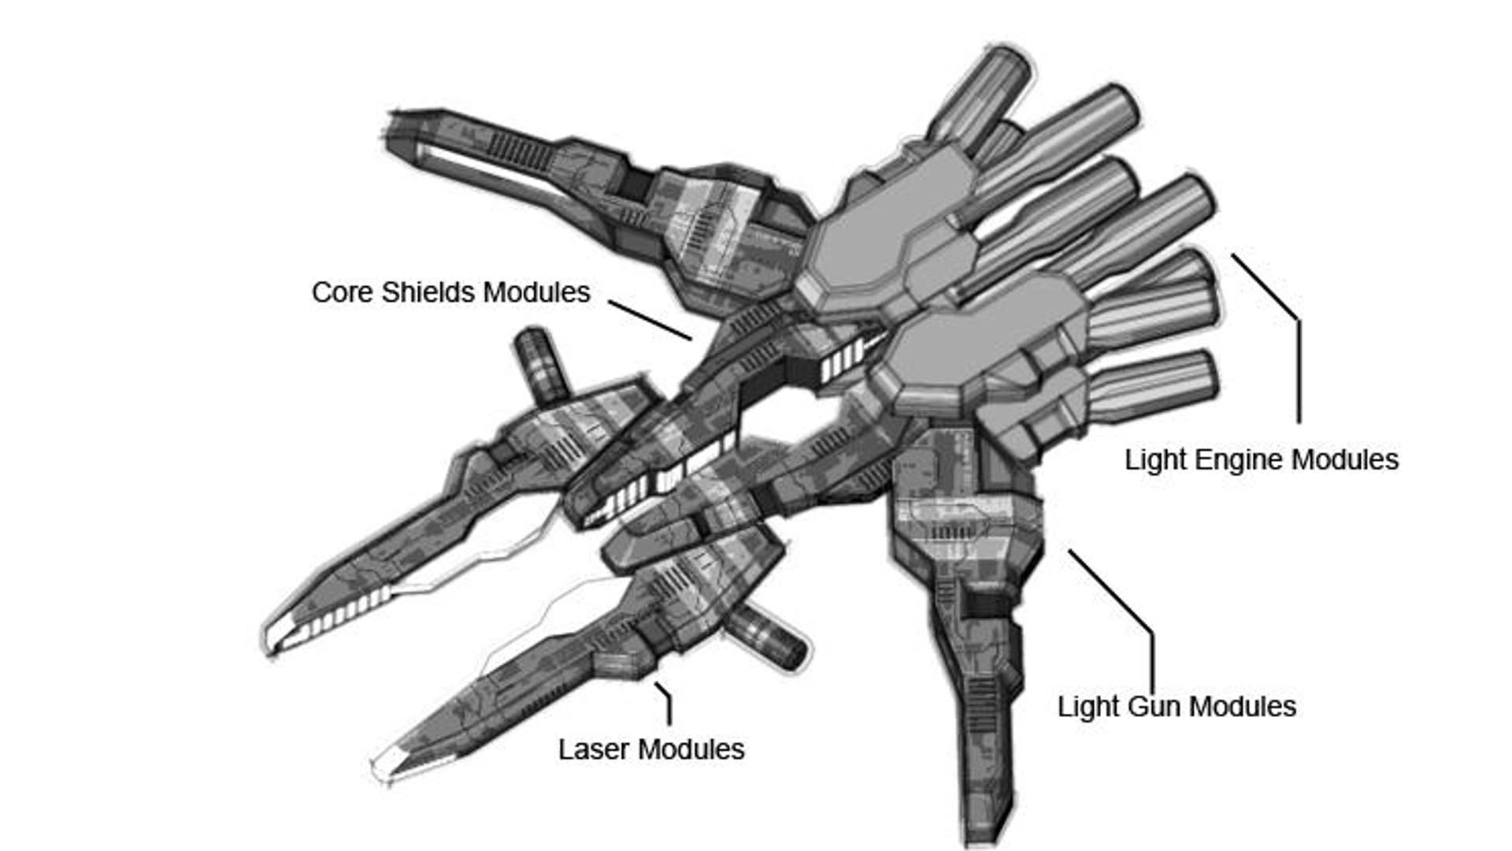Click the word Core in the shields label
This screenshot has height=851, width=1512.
pyautogui.click(x=343, y=292)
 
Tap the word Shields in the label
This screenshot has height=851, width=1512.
pyautogui.click(x=428, y=292)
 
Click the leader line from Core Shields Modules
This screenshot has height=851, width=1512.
pyautogui.click(x=650, y=321)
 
